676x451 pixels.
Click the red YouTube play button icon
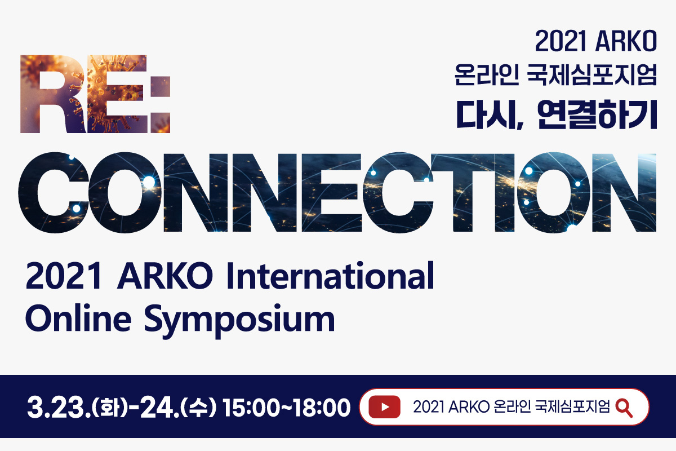tap(384, 407)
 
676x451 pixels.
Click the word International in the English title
tap(331, 276)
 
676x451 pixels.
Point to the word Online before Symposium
tap(78, 318)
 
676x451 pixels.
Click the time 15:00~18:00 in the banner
tap(286, 408)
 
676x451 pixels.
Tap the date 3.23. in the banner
tap(59, 408)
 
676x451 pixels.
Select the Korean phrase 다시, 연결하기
tap(557, 115)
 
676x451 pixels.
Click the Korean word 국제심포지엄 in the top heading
tap(592, 74)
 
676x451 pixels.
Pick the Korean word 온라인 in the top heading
tap(487, 74)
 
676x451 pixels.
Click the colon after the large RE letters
tap(161, 104)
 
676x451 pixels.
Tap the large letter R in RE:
tap(54, 94)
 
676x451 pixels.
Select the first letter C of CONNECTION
tap(54, 192)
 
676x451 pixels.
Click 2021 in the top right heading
tap(561, 41)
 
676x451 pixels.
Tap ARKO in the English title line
tap(165, 276)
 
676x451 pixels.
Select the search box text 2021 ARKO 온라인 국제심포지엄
tap(512, 407)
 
